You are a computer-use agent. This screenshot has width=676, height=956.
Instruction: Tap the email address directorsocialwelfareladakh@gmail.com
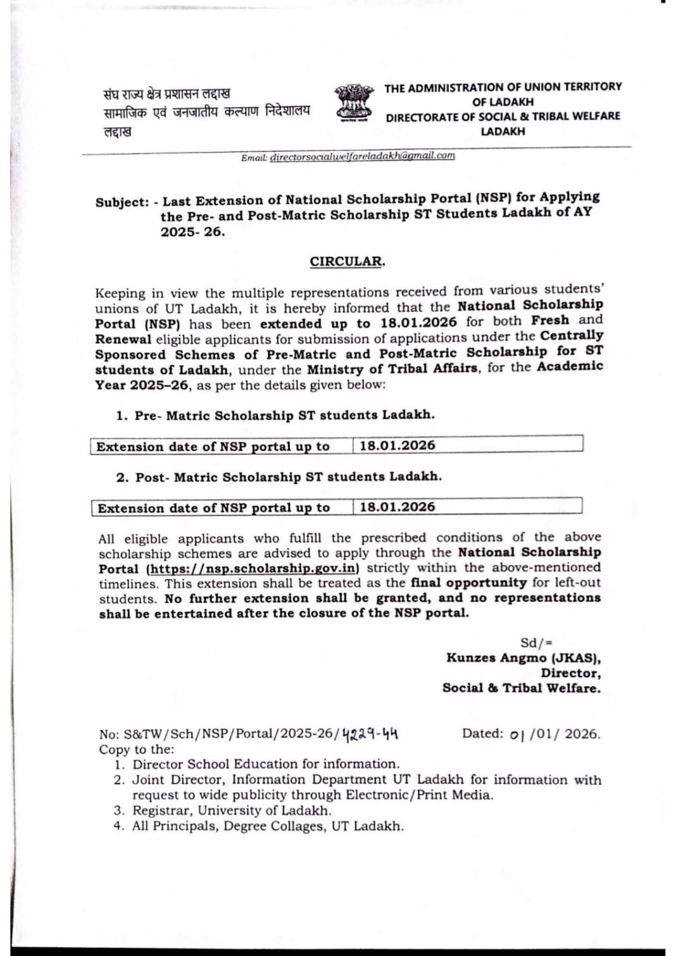pos(362,156)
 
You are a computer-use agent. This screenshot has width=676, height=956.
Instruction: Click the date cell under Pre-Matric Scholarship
pos(397,445)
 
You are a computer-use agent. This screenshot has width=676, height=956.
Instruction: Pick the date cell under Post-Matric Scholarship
pos(397,507)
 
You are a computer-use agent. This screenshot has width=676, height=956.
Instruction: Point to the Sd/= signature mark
pos(536,643)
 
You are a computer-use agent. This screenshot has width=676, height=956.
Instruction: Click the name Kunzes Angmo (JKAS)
pos(523,657)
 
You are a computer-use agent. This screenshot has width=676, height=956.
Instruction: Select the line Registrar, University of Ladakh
pos(231,810)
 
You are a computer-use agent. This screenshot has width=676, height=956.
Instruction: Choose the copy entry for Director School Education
pos(266,764)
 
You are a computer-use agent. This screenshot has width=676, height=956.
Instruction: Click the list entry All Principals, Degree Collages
pos(267,826)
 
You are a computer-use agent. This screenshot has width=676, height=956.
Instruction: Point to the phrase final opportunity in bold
pos(468,583)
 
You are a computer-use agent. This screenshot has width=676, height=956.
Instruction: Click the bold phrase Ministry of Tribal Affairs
pos(392,369)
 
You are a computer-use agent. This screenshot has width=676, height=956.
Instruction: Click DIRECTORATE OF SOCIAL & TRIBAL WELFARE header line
pos(503,116)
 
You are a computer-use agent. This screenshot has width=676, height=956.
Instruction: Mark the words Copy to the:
pos(136,750)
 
